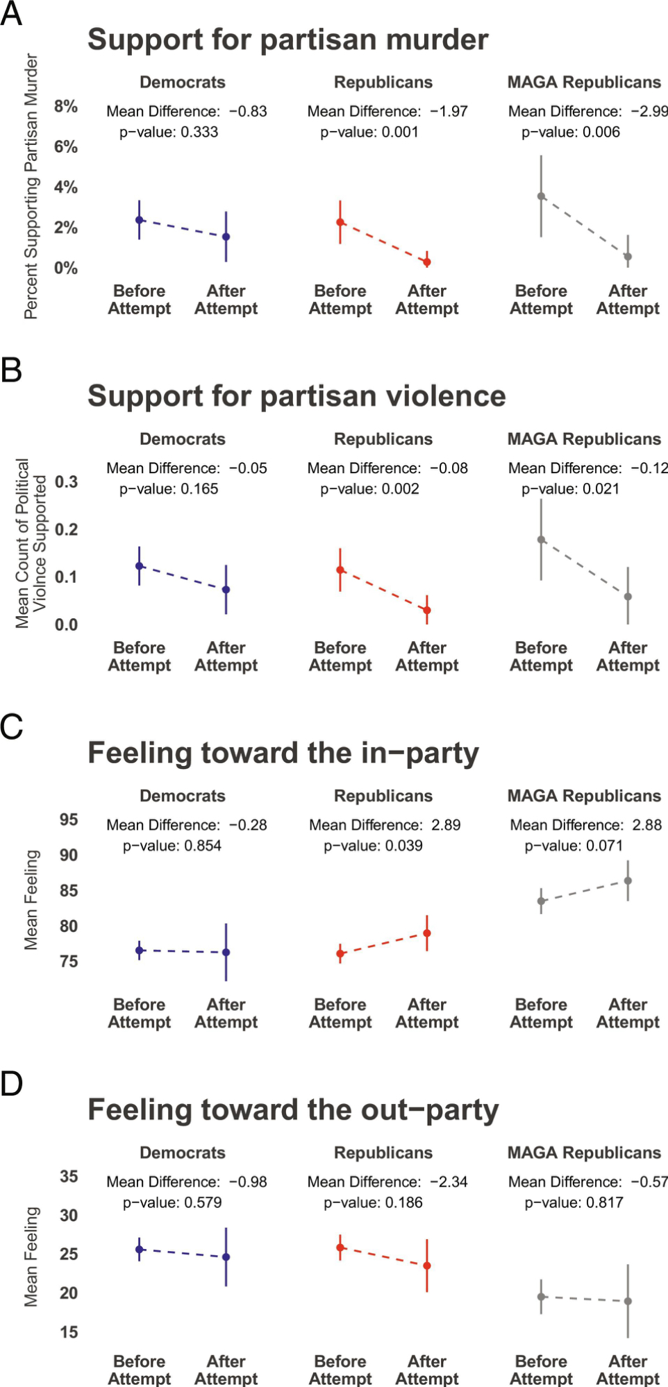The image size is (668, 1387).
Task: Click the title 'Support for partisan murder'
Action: pyautogui.click(x=287, y=40)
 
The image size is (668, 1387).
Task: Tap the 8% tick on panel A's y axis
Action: pyautogui.click(x=66, y=106)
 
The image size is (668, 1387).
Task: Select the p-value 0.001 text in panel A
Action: pyautogui.click(x=369, y=132)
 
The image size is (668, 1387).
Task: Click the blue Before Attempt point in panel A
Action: pyautogui.click(x=140, y=220)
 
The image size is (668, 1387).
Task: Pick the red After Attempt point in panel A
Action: pyautogui.click(x=427, y=262)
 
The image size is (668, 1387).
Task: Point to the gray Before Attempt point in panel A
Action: pyautogui.click(x=542, y=196)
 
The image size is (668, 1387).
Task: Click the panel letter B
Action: pyautogui.click(x=11, y=370)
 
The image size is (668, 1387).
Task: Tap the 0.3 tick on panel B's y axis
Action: pyautogui.click(x=66, y=482)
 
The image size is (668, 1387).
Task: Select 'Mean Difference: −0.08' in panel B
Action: pyautogui.click(x=387, y=468)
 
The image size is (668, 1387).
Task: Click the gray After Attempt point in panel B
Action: pyautogui.click(x=628, y=597)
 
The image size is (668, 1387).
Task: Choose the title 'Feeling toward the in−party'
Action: pyautogui.click(x=283, y=754)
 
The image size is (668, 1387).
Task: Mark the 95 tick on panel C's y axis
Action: pyautogui.click(x=69, y=819)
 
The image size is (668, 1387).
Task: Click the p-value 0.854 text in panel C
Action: pyautogui.click(x=172, y=846)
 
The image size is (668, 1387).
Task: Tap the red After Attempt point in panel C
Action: pyautogui.click(x=427, y=933)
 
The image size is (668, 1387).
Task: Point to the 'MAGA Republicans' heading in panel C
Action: pyautogui.click(x=584, y=796)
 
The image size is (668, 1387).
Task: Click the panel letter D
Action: pyautogui.click(x=12, y=1084)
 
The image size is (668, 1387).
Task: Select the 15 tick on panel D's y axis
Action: pyautogui.click(x=69, y=1331)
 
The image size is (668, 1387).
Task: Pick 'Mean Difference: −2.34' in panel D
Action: pyautogui.click(x=387, y=1182)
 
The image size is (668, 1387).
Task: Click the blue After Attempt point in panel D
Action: pyautogui.click(x=226, y=1257)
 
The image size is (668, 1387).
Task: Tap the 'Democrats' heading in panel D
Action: pyautogui.click(x=183, y=1152)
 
